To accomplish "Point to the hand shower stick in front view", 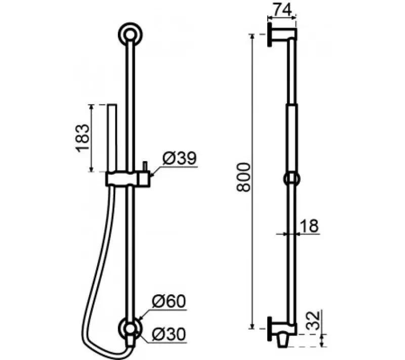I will click(x=112, y=137).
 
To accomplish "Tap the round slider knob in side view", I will click(x=292, y=179).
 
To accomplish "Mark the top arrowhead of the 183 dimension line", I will click(x=92, y=106).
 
